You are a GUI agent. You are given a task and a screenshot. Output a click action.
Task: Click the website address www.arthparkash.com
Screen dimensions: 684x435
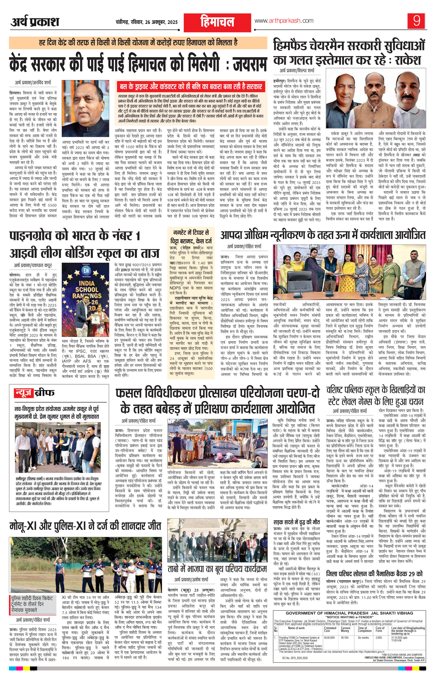click(284, 21)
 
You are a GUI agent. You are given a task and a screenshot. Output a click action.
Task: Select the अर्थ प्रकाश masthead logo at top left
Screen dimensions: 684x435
click(35, 22)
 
